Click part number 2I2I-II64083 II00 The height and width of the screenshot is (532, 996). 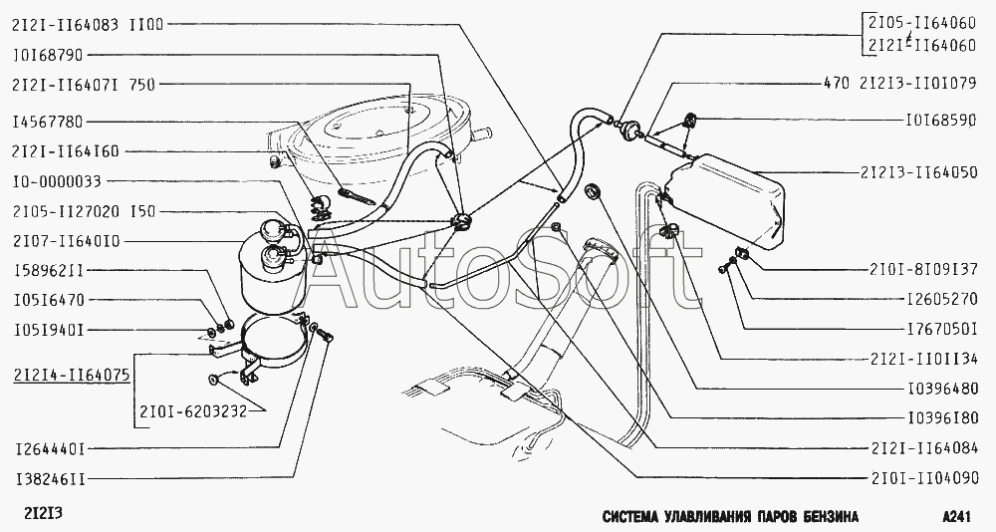pos(87,24)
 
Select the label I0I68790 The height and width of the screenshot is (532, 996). pos(47,55)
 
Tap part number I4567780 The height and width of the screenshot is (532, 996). pos(47,122)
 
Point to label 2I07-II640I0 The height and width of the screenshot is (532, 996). pos(66,241)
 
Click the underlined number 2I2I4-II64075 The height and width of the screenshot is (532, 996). pos(71,375)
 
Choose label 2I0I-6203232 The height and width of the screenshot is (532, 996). pos(190,411)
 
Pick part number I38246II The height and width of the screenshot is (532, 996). pos(50,478)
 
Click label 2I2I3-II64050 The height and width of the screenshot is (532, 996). pos(918,172)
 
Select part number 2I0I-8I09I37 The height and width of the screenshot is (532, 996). pos(923,270)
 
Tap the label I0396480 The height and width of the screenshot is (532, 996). pos(941,389)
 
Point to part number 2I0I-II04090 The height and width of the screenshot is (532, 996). pos(925,478)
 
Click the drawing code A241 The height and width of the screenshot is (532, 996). pos(959,515)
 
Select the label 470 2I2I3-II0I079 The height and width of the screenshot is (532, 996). pos(898,84)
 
